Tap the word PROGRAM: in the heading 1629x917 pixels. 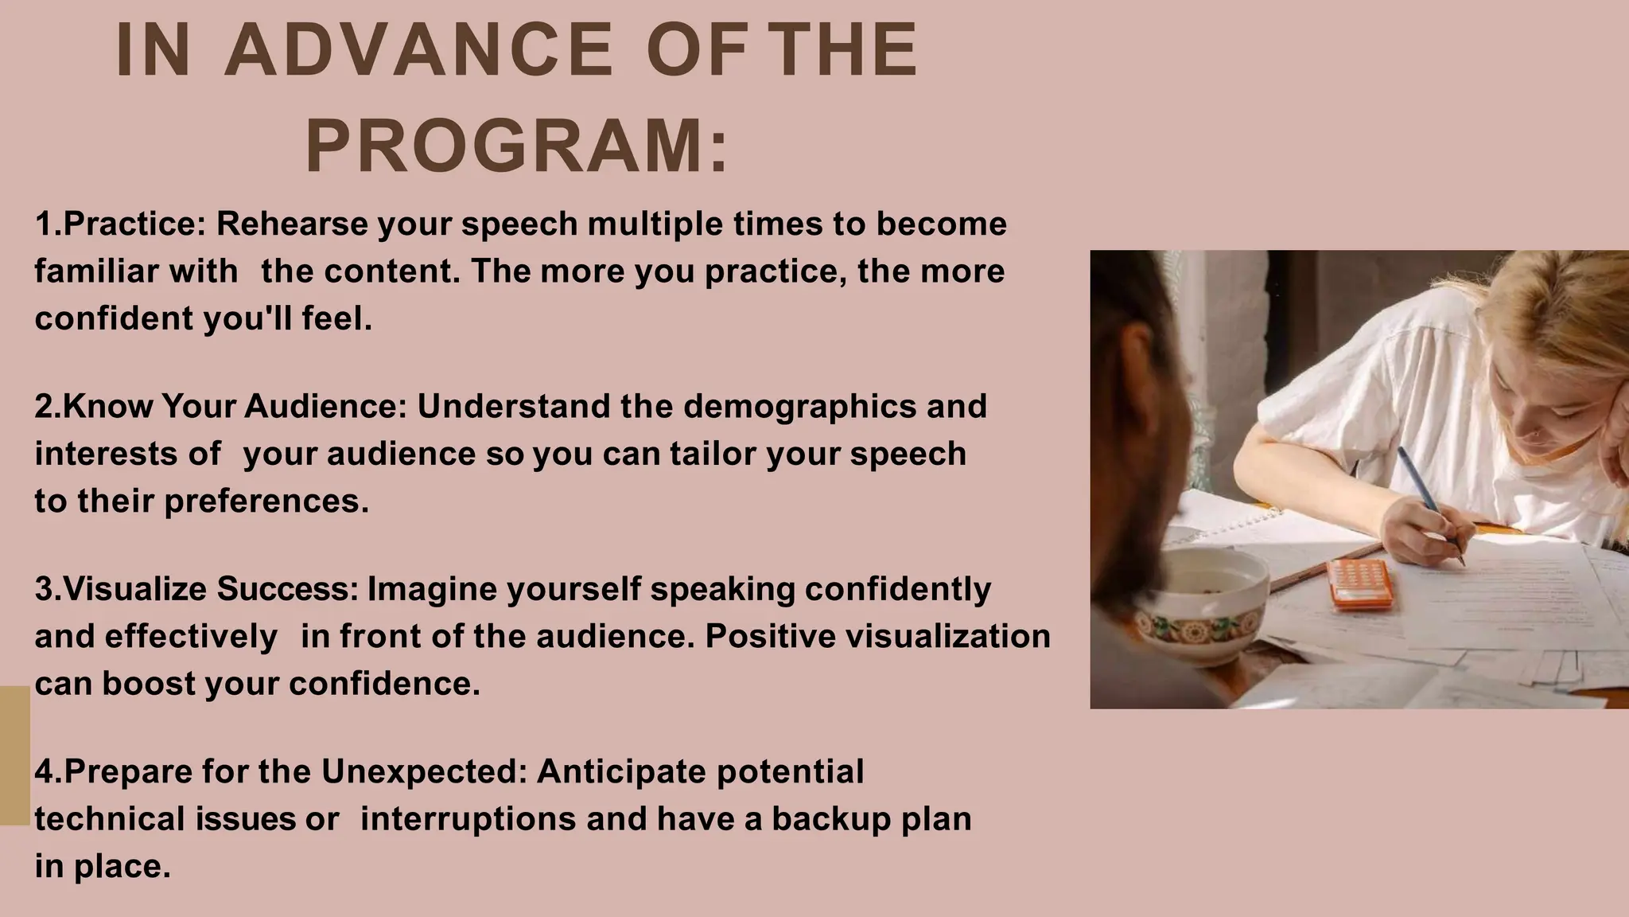tap(517, 146)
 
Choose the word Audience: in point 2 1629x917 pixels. tap(326, 406)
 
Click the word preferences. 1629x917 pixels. tap(266, 501)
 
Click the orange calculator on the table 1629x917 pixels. tap(1362, 583)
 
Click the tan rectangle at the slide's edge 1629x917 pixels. tap(14, 755)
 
